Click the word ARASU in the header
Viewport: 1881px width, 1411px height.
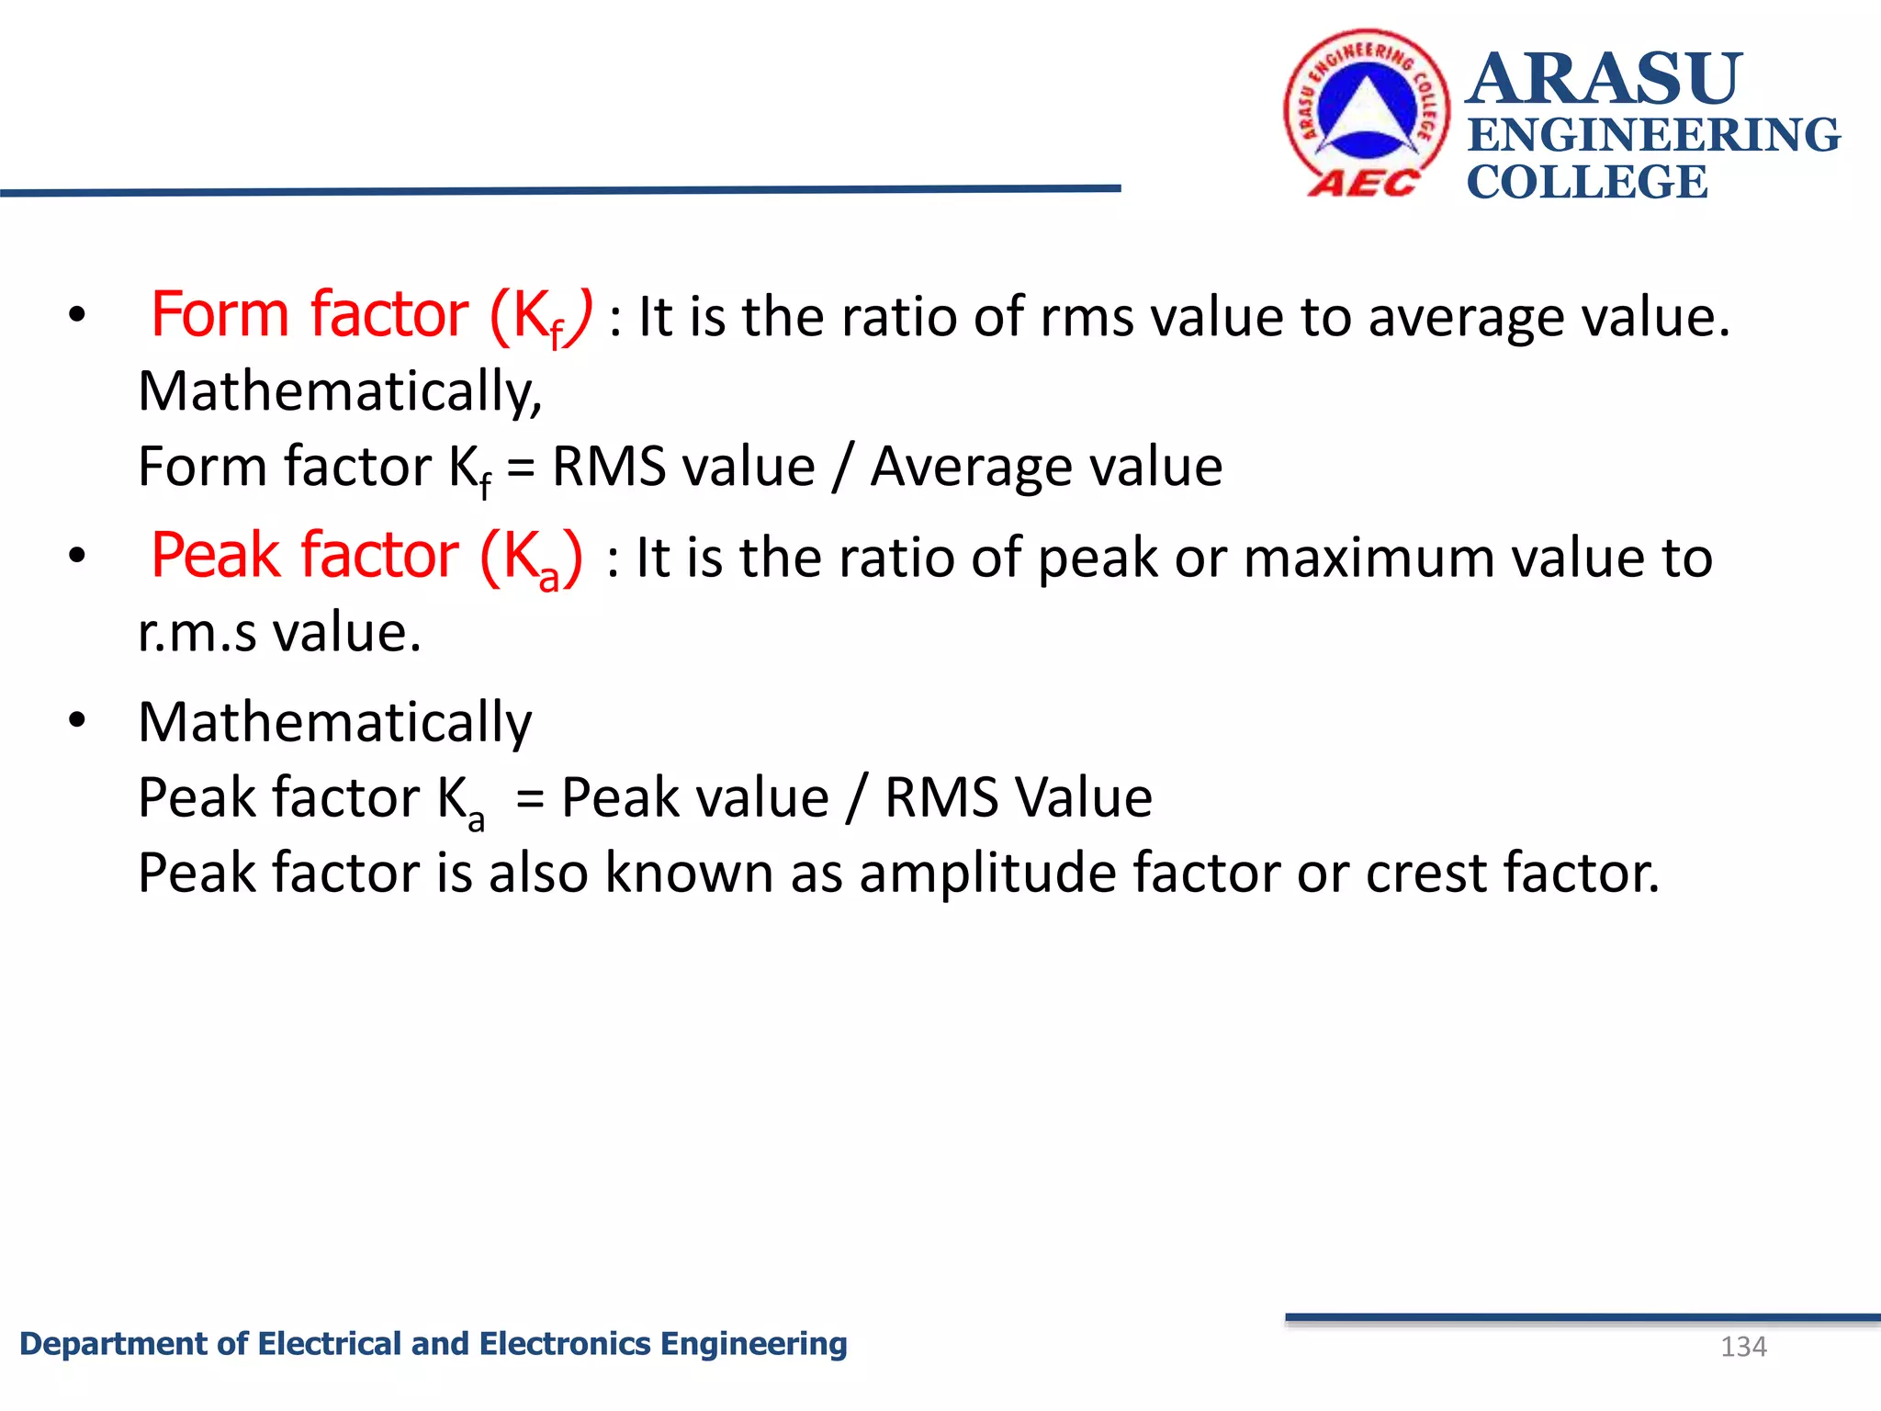1604,79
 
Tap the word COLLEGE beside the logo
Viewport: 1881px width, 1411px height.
1587,182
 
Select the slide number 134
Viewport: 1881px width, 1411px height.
1743,1347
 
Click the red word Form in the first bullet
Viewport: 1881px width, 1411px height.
220,315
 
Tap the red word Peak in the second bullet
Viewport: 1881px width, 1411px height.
216,556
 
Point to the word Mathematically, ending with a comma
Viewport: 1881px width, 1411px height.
340,391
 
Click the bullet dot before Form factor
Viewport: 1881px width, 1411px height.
77,315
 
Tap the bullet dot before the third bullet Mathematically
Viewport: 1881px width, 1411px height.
77,719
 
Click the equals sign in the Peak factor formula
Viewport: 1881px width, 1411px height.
530,797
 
